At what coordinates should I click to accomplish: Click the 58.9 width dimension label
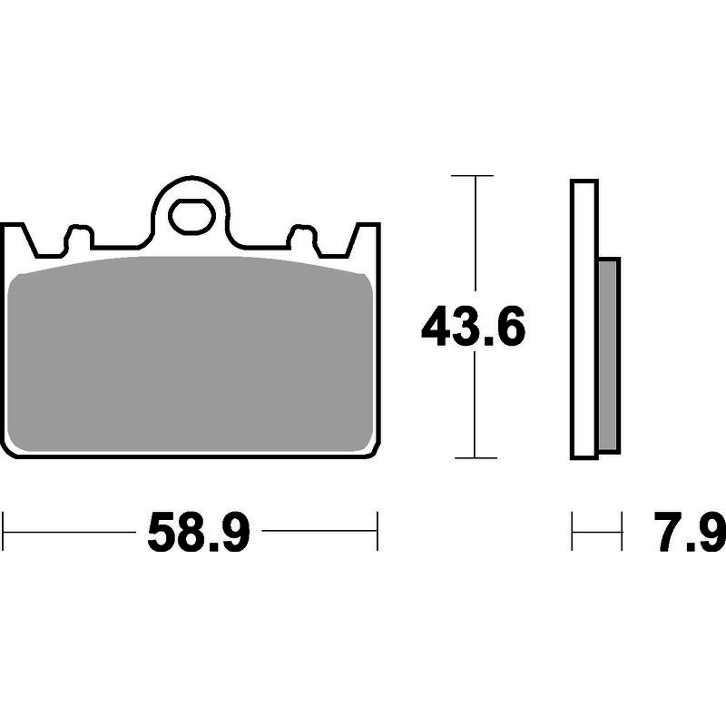(199, 532)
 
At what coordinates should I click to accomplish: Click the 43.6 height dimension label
(473, 326)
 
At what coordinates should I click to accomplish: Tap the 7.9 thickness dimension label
(690, 532)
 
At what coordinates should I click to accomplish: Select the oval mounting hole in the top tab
(191, 215)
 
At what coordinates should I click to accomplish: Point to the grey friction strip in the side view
(608, 355)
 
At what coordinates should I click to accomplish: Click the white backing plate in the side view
(584, 319)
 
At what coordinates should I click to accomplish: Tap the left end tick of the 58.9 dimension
(3, 531)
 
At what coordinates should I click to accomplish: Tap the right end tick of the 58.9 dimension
(378, 531)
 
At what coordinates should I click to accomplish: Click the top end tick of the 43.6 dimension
(472, 176)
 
